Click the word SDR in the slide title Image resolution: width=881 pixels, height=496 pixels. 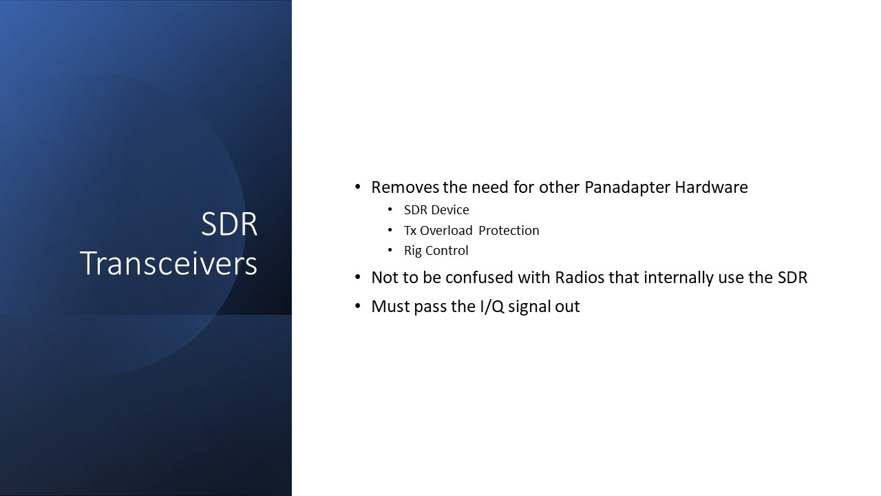click(229, 225)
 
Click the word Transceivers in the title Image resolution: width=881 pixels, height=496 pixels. click(169, 263)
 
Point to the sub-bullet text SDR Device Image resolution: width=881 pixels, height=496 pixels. click(436, 210)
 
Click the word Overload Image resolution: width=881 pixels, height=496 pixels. click(446, 231)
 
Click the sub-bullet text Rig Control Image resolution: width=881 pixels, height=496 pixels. click(436, 251)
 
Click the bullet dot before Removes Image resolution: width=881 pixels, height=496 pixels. click(357, 187)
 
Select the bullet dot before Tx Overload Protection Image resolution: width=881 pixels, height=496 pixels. click(390, 231)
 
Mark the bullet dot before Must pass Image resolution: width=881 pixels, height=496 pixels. click(357, 307)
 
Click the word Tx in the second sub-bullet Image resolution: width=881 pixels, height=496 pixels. click(410, 231)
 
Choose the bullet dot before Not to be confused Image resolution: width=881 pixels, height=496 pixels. click(357, 278)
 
